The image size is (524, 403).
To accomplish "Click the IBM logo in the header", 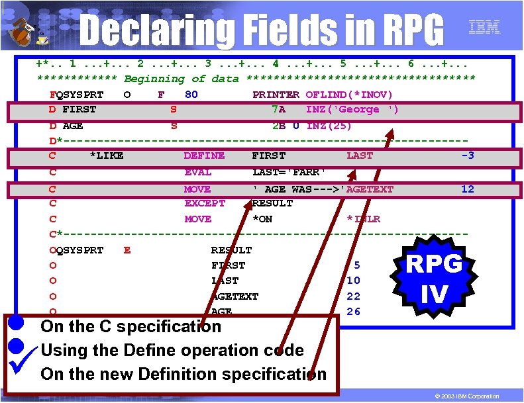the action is pyautogui.click(x=484, y=27).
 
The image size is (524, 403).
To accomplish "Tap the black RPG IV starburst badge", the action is pyautogui.click(x=434, y=277).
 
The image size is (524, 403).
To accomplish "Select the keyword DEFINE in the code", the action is pyautogui.click(x=204, y=156).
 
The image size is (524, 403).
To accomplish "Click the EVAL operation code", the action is pyautogui.click(x=198, y=172).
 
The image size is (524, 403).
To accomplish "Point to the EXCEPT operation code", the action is pyautogui.click(x=205, y=203).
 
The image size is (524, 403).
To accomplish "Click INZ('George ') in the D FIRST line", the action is pyautogui.click(x=352, y=110).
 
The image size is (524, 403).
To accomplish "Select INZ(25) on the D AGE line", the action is pyautogui.click(x=329, y=126).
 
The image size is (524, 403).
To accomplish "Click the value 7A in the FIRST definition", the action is pyautogui.click(x=278, y=110).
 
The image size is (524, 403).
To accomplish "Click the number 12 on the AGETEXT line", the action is pyautogui.click(x=467, y=189).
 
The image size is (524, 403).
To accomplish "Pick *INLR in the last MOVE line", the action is pyautogui.click(x=363, y=219).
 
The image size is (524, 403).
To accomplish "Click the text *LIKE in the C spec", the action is pyautogui.click(x=106, y=156).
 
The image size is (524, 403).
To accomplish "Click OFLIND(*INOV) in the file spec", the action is pyautogui.click(x=349, y=95).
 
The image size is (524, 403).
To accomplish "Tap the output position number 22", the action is pyautogui.click(x=353, y=296).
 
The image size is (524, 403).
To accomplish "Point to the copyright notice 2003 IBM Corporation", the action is pyautogui.click(x=467, y=396).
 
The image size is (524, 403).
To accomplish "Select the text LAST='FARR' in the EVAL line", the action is pyautogui.click(x=289, y=172).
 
